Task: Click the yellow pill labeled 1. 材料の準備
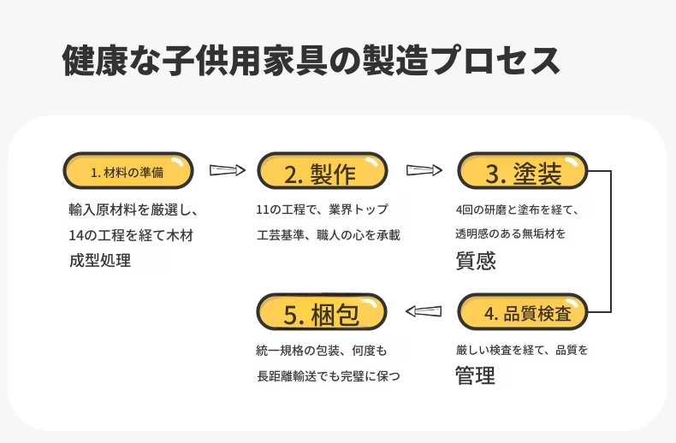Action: [128, 171]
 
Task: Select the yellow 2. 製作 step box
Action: [323, 171]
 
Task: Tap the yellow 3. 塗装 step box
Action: [523, 171]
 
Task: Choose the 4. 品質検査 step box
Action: [523, 312]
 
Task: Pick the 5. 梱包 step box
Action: [322, 312]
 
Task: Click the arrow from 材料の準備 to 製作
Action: [228, 170]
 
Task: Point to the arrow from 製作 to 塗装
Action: [424, 170]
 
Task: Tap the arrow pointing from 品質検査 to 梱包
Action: [424, 311]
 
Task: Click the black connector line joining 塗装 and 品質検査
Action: [611, 241]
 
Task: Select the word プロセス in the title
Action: [495, 60]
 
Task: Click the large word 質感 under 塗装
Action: [476, 260]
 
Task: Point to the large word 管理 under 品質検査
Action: [475, 375]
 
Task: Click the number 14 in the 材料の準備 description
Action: [76, 235]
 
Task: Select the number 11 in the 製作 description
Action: [263, 210]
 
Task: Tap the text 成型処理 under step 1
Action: [100, 260]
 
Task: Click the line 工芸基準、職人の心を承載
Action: [329, 235]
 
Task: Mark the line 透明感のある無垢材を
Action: [511, 233]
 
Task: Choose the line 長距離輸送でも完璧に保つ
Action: [329, 376]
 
